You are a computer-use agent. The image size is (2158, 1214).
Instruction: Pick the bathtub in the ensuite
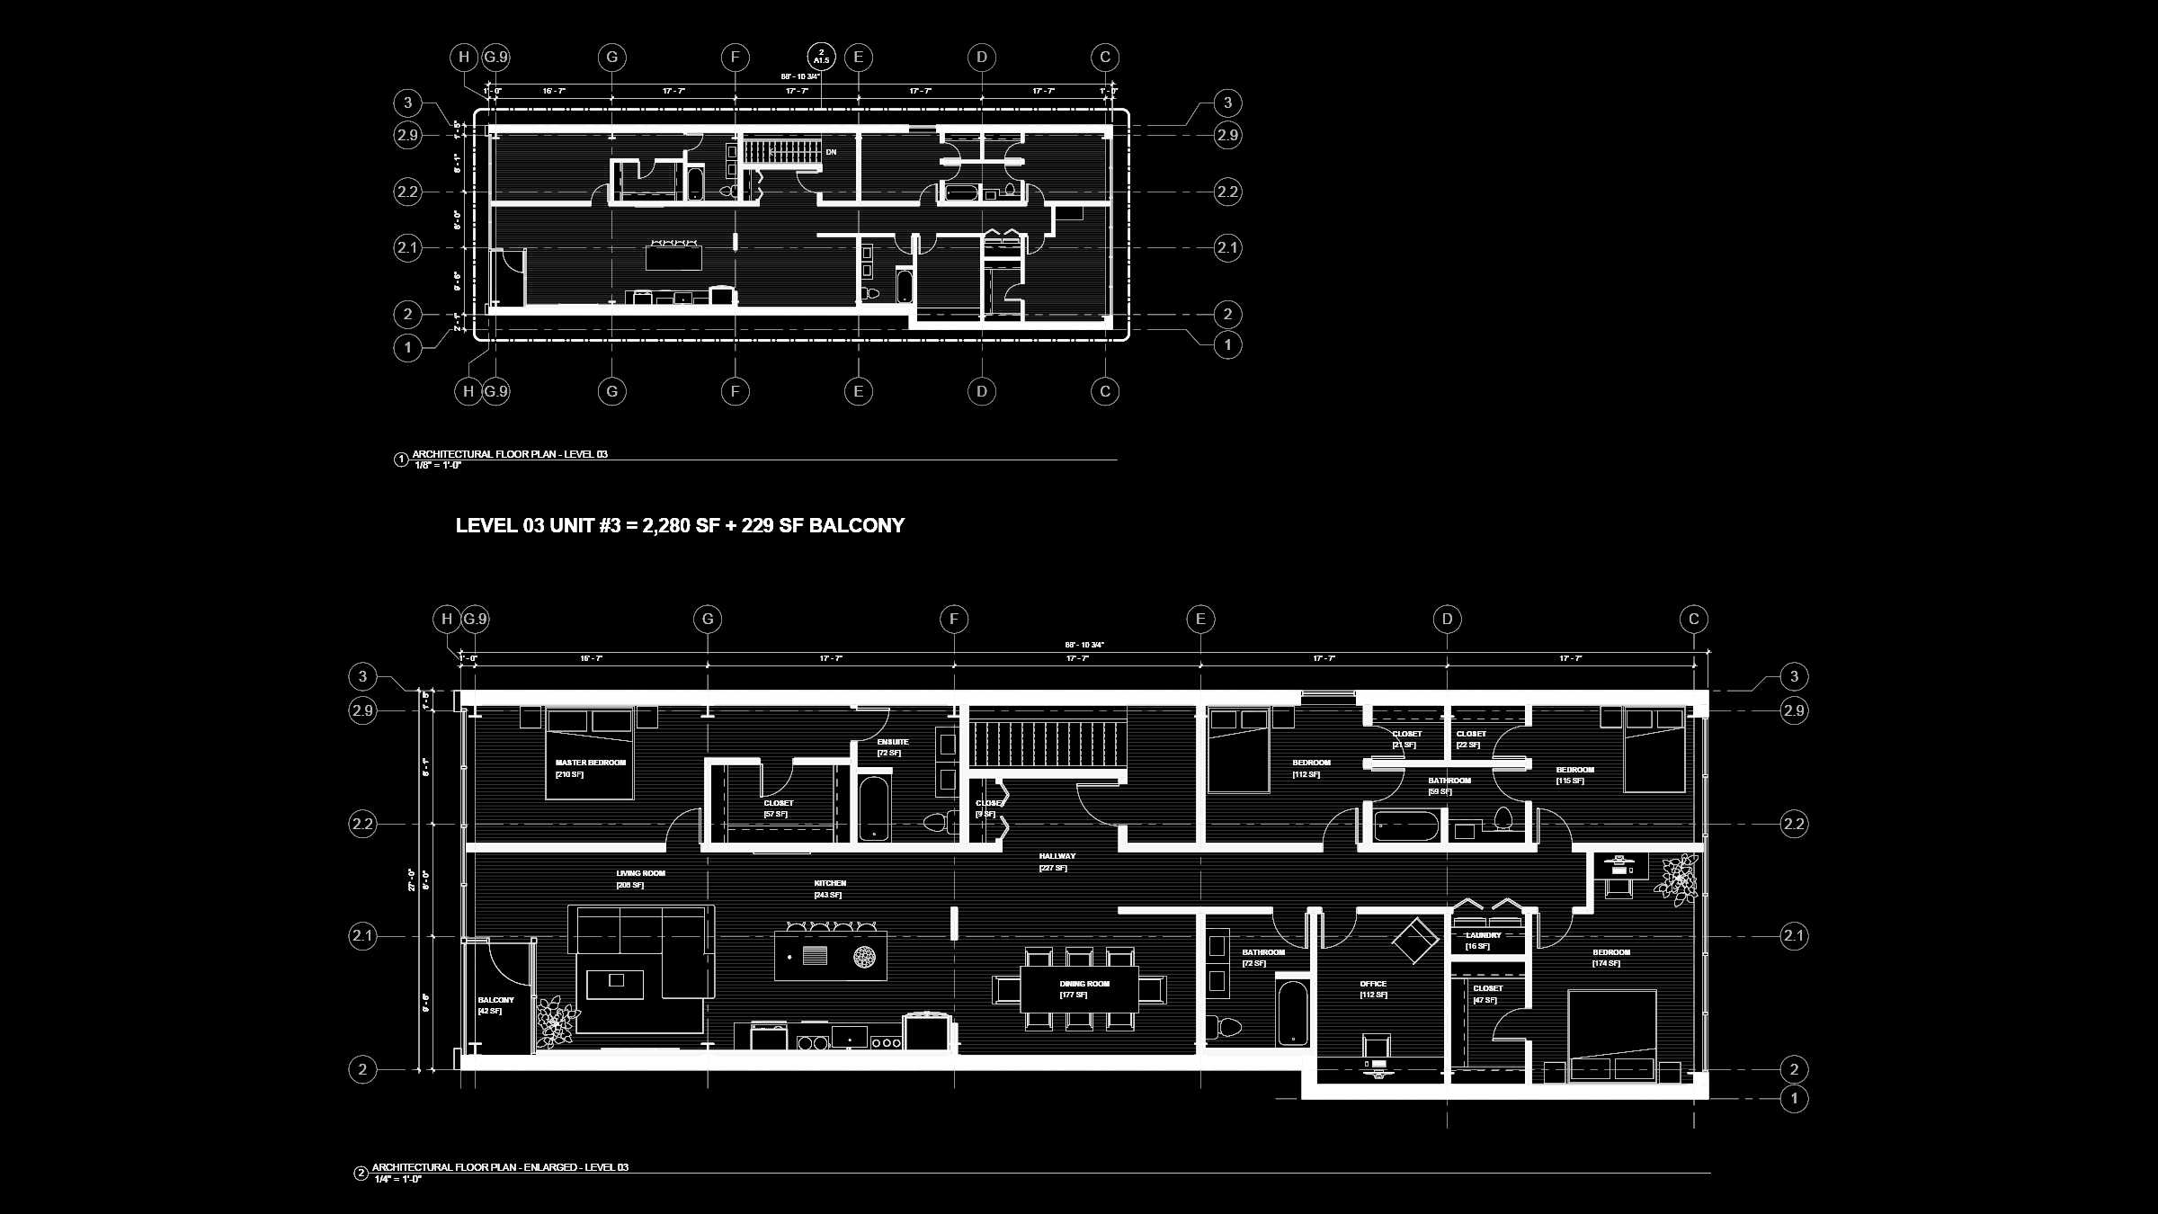(873, 808)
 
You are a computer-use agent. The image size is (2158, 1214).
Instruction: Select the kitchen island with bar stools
(830, 955)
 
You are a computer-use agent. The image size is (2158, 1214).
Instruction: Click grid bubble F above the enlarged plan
(954, 619)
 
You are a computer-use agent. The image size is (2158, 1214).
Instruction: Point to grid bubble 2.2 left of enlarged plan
(362, 824)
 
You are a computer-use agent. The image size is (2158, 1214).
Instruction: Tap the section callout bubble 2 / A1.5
(821, 56)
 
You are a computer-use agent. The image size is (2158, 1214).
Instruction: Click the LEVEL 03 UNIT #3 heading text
(680, 526)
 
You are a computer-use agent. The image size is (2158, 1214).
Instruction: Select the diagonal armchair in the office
(1415, 940)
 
